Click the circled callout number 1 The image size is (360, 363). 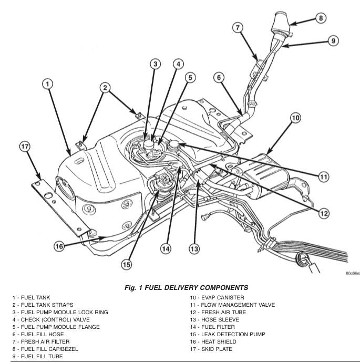(x=48, y=84)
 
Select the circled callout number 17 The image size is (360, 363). (x=25, y=147)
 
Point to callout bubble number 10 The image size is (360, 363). (x=295, y=118)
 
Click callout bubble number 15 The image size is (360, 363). (x=127, y=265)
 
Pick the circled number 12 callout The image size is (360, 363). (x=323, y=213)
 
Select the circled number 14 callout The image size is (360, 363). (x=166, y=248)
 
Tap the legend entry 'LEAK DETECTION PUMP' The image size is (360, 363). (x=229, y=334)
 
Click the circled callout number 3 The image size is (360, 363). (x=155, y=64)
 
